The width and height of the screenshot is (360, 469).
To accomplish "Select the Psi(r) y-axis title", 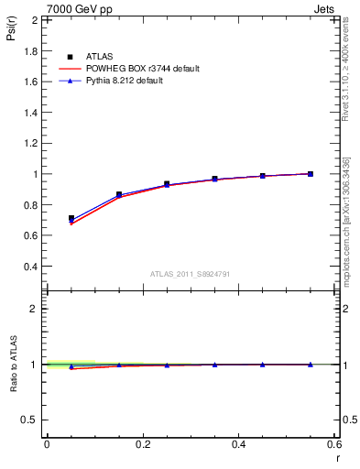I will pos(11,35).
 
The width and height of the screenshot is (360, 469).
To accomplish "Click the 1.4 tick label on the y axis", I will pos(29,112).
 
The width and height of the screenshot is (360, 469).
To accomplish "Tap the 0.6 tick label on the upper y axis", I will pos(29,235).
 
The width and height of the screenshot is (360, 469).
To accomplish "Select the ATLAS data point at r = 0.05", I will pos(71,219).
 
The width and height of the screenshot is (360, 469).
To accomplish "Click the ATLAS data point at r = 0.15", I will pos(119,194).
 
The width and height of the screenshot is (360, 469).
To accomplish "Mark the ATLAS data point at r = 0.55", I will pos(311,174).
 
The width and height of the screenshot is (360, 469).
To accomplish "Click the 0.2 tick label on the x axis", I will pos(143,444).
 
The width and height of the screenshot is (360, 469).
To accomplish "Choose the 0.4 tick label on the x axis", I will pos(238,444).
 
